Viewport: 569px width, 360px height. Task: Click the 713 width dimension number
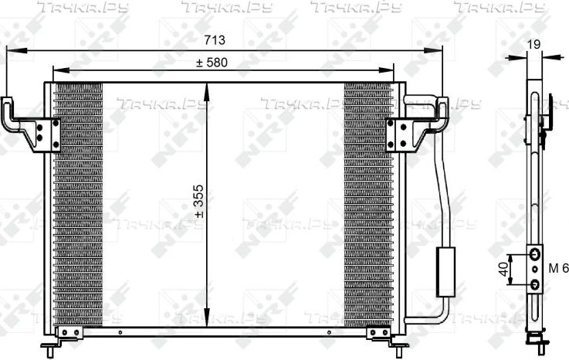pos(215,40)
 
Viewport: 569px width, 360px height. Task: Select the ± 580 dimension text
pos(212,63)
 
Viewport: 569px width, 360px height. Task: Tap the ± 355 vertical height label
pos(199,202)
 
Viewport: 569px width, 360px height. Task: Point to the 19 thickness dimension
pos(533,44)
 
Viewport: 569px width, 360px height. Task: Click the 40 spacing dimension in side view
pos(503,270)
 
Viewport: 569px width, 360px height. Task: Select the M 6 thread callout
pos(558,269)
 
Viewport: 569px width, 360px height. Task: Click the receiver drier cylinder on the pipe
pos(445,272)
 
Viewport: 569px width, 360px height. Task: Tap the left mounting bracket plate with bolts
pos(46,134)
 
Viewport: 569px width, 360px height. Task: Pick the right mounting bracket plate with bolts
pos(399,134)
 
